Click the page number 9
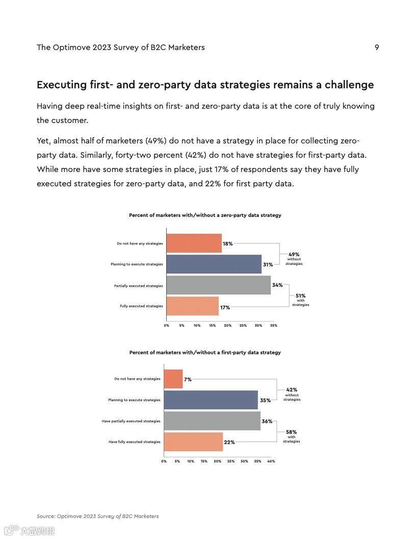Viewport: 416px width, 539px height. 377,47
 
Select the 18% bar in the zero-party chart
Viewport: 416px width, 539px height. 194,243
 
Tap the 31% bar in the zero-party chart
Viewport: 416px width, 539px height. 214,264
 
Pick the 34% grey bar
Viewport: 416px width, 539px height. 218,285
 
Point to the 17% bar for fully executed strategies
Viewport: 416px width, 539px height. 192,306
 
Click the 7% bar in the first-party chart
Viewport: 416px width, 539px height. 173,379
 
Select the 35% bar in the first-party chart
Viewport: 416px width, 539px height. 211,400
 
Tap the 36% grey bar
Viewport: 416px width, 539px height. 212,421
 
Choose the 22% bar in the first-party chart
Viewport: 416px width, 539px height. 193,442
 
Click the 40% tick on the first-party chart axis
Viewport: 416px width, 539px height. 271,461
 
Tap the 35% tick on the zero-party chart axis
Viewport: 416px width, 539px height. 273,325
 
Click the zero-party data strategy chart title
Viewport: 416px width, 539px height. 205,215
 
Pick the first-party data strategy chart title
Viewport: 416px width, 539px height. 205,353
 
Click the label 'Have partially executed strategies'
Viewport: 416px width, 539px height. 131,421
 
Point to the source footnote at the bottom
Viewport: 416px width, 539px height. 97,516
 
